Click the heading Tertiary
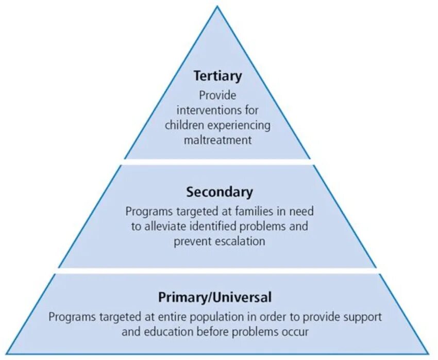[217, 76]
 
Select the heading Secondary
[220, 192]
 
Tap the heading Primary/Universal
[214, 298]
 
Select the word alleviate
[168, 226]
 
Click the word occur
[295, 332]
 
